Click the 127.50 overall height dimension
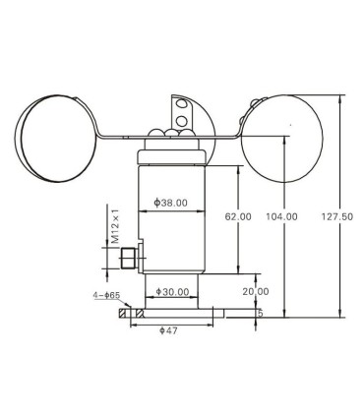[337, 216]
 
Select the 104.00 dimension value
[281, 216]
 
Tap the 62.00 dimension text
[238, 216]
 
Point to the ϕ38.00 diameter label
[171, 203]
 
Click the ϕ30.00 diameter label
[172, 291]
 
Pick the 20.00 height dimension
[256, 291]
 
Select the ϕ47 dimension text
[168, 330]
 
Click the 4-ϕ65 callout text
[106, 295]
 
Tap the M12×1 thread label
[115, 226]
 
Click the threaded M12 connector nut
[128, 259]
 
